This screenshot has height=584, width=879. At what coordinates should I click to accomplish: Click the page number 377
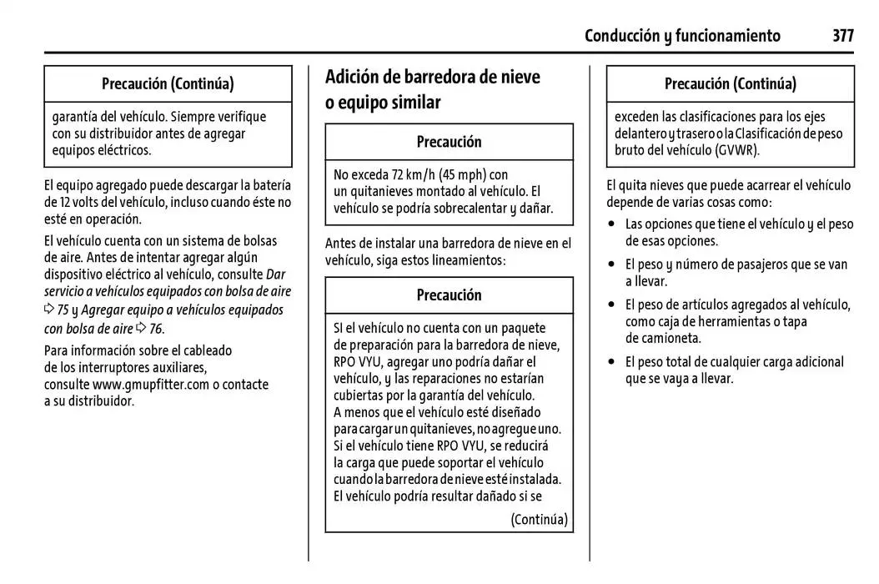(842, 36)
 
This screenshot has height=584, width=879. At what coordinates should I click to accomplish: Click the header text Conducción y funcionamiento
(682, 36)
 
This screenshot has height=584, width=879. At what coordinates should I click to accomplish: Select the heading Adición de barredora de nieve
(432, 78)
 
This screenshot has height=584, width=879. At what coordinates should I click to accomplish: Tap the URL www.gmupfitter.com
(151, 385)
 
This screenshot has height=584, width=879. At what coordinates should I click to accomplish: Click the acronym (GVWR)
(736, 150)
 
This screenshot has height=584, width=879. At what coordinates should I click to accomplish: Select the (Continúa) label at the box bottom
(539, 520)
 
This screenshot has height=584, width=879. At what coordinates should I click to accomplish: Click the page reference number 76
(155, 329)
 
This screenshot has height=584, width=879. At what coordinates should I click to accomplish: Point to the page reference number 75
(63, 310)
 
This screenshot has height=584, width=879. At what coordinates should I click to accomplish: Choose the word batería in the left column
(269, 184)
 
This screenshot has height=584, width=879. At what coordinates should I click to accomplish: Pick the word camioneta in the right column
(664, 338)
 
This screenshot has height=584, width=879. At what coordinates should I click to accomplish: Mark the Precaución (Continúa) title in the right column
(730, 84)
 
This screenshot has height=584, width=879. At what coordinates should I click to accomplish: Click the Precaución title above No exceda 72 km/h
(449, 142)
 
